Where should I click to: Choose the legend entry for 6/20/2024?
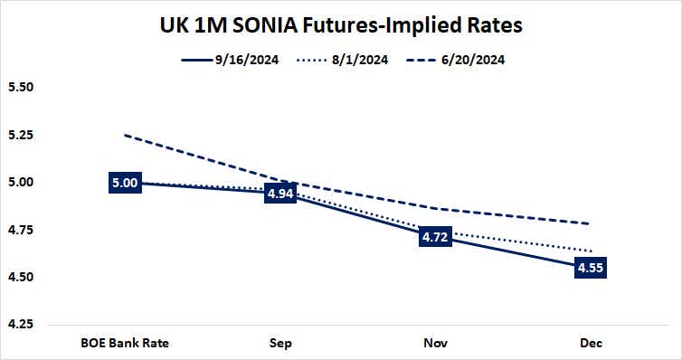(x=464, y=61)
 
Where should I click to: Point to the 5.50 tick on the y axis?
(x=20, y=88)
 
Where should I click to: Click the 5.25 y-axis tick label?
(x=20, y=135)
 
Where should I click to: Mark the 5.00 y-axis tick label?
(x=20, y=182)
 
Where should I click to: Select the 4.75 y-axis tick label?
(x=20, y=230)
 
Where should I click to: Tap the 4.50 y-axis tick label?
(x=20, y=277)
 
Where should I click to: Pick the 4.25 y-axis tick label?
(x=20, y=324)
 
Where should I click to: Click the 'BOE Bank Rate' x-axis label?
(x=125, y=343)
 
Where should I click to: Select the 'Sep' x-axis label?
(x=279, y=343)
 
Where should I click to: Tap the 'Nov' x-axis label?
(x=435, y=343)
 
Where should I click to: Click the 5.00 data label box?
(x=124, y=183)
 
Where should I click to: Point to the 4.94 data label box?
(x=280, y=194)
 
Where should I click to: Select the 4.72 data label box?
(x=435, y=236)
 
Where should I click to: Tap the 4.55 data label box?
(x=590, y=268)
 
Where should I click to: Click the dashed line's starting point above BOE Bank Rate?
(x=125, y=136)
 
